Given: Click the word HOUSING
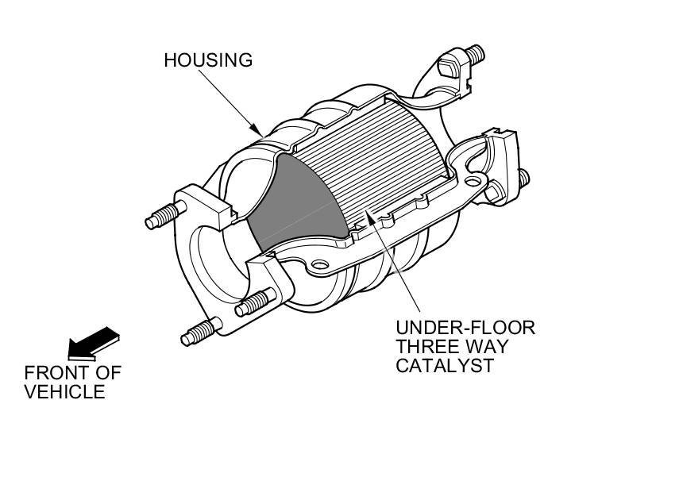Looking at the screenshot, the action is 208,60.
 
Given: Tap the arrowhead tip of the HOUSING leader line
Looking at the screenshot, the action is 261,133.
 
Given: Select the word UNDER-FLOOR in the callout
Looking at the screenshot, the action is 465,328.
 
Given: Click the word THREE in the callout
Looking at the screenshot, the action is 428,347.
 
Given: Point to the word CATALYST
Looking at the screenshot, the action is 445,366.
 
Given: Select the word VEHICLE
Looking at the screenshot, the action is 64,391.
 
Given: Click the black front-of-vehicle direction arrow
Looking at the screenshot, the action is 93,343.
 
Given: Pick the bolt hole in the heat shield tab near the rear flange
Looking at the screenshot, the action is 473,183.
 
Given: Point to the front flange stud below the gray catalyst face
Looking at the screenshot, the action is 254,302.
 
